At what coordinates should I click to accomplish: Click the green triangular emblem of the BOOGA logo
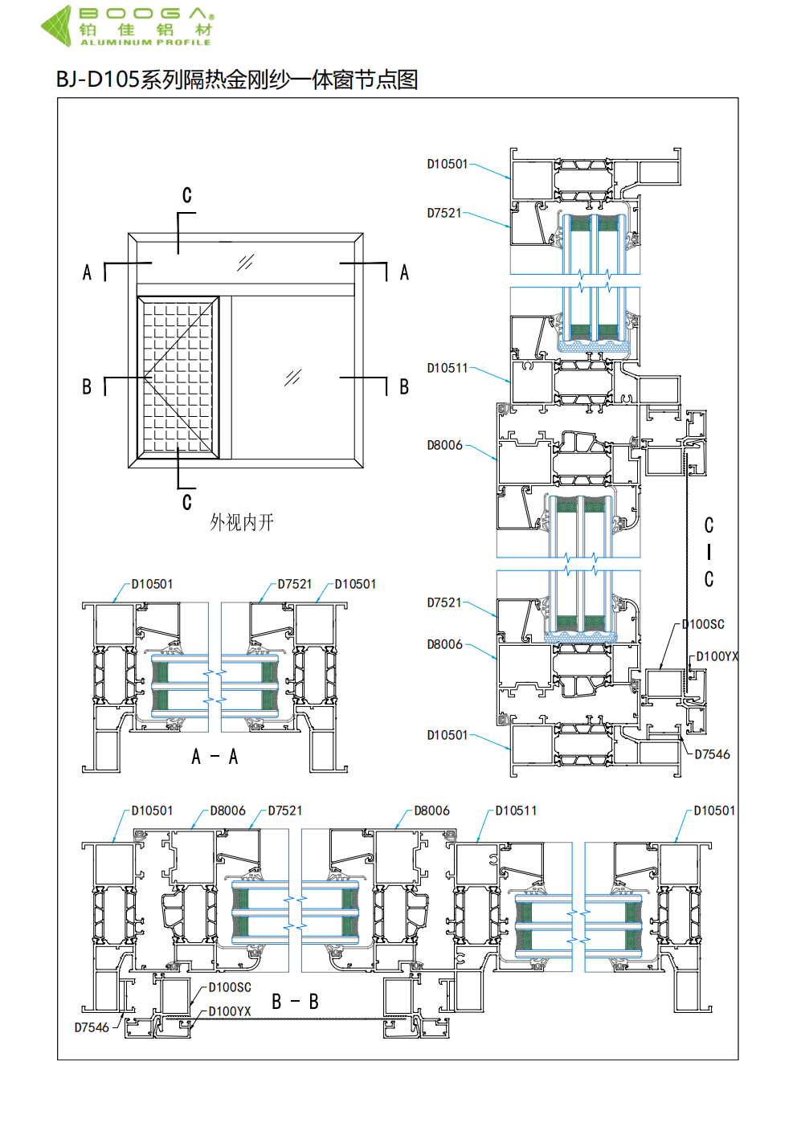coord(57,25)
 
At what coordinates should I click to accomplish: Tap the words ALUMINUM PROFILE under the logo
coord(145,42)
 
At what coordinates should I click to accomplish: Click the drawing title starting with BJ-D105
coord(237,80)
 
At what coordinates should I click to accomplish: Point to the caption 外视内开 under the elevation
coord(242,523)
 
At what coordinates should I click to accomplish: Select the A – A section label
coord(215,757)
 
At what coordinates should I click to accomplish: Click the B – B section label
coord(295,1002)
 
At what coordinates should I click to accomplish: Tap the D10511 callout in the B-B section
coord(516,811)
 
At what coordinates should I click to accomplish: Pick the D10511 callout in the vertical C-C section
coord(447,368)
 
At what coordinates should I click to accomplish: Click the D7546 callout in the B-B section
coord(92,1027)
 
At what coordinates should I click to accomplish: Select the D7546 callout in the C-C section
coord(712,754)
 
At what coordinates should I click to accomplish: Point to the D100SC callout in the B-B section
coord(230,987)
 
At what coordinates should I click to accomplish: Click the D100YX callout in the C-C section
coord(717,656)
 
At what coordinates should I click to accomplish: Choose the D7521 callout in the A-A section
coord(295,584)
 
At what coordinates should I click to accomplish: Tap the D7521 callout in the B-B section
coord(285,811)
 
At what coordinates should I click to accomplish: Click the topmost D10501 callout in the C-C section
coord(447,164)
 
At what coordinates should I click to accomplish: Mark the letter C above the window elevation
coord(186,195)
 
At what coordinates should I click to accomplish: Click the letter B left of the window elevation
coord(87,387)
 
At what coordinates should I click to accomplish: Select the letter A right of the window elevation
coord(404,273)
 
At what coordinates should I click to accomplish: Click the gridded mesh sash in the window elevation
coord(178,378)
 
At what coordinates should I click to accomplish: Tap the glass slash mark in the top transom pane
coord(246,263)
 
